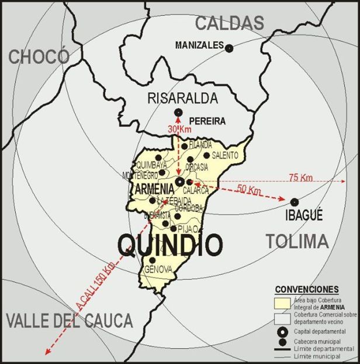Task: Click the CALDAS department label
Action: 229,23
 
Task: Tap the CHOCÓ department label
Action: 39,57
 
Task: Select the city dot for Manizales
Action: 229,48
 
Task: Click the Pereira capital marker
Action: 178,112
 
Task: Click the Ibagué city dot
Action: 294,202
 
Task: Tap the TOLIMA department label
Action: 297,241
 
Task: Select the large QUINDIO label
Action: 170,243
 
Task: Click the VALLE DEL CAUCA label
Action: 70,320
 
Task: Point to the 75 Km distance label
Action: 300,177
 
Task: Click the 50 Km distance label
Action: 250,190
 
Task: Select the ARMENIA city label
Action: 154,189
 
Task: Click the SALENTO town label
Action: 224,155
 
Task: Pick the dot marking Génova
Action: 153,260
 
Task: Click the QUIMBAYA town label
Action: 151,166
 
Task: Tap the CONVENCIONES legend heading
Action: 306,289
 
